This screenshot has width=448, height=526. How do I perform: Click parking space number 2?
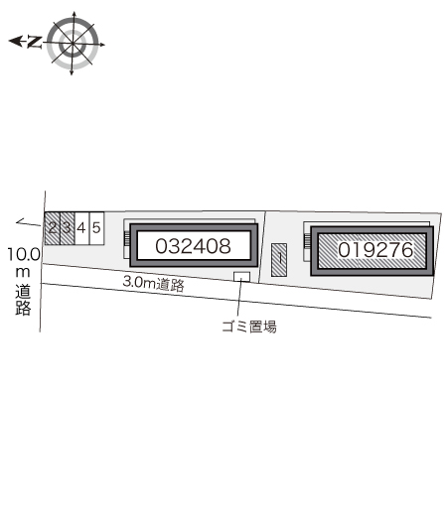click(53, 228)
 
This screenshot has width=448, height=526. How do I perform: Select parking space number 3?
click(68, 228)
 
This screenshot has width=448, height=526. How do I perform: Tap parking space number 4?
click(81, 228)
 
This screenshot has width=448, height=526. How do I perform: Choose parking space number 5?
click(96, 228)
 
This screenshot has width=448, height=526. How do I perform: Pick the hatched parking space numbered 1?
click(279, 260)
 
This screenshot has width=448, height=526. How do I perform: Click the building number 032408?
click(193, 246)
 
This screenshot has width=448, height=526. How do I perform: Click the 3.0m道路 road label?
click(154, 284)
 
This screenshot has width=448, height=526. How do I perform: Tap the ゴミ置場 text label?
click(249, 327)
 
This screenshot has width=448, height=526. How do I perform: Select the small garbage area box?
click(242, 277)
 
